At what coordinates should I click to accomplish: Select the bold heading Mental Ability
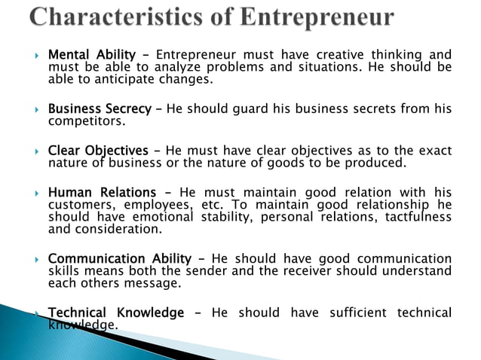coord(92,55)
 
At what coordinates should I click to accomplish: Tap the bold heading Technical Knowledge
coord(116,313)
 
